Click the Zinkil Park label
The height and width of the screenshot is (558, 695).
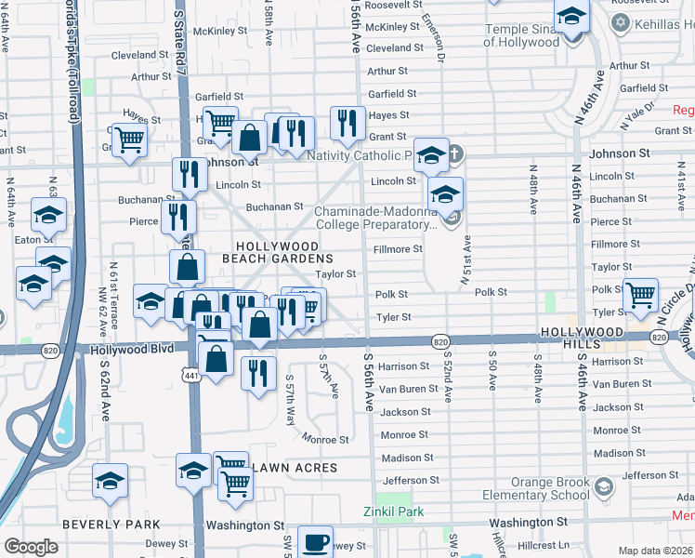pos(393,511)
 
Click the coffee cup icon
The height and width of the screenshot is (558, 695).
pos(316,541)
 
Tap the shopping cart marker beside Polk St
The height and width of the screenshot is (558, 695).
pos(640,296)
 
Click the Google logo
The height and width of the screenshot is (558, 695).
pos(31,547)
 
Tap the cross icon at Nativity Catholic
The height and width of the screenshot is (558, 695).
pos(454,153)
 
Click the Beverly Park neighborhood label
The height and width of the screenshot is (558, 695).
pos(111,525)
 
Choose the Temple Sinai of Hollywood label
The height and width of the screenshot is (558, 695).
pos(522,35)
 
